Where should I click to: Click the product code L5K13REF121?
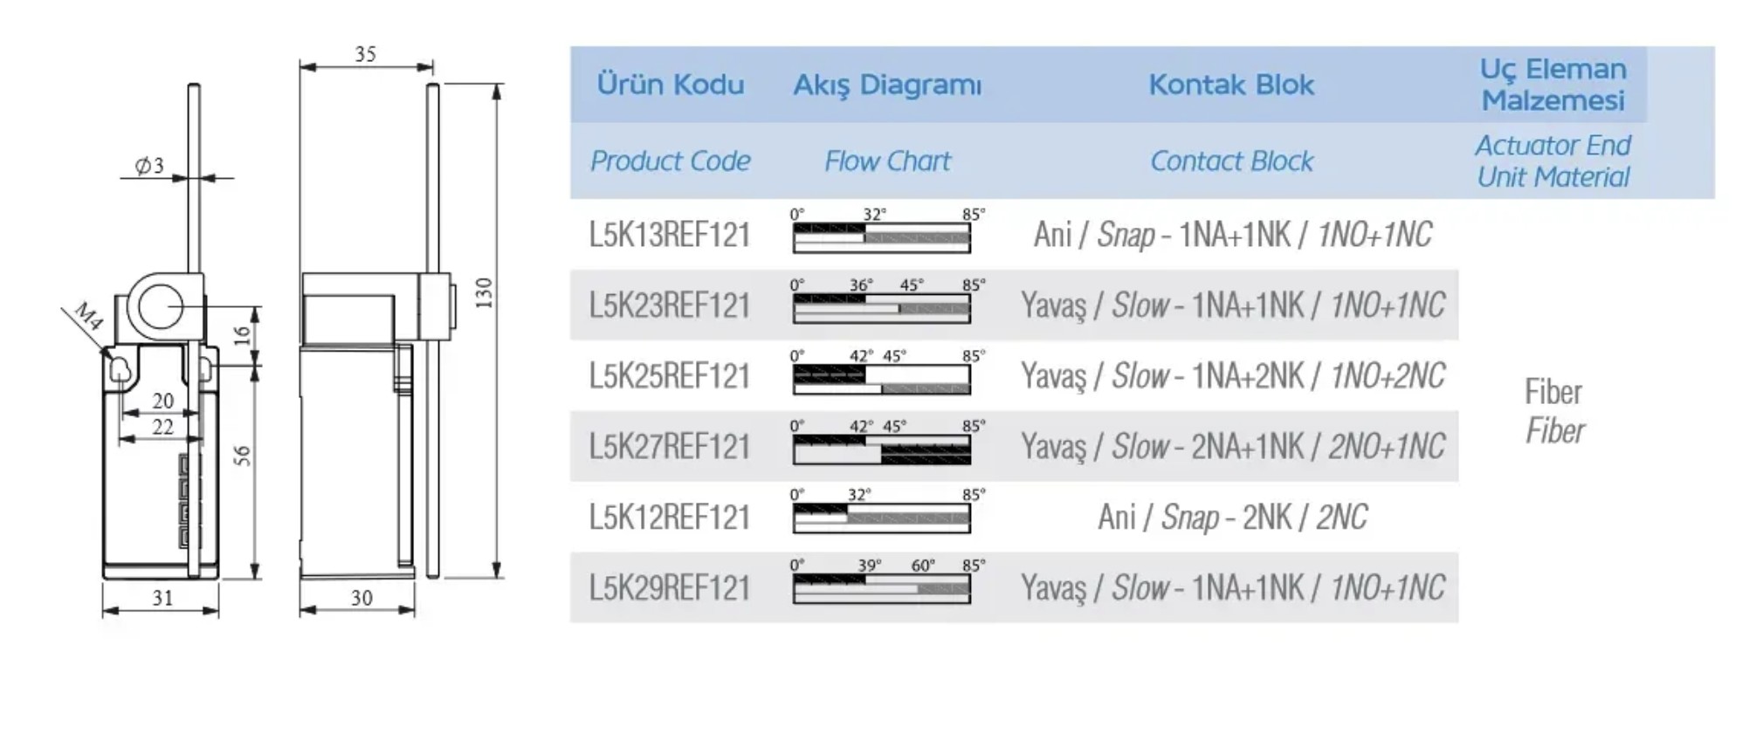pyautogui.click(x=670, y=235)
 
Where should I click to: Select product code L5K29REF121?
pyautogui.click(x=670, y=587)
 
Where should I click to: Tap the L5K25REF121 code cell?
pyautogui.click(x=670, y=376)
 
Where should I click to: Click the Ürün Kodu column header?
pyautogui.click(x=671, y=85)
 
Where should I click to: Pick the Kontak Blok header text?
pyautogui.click(x=1231, y=85)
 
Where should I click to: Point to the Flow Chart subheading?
pyautogui.click(x=887, y=161)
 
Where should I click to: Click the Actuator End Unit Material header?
pyautogui.click(x=1553, y=161)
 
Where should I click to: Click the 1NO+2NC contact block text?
pyautogui.click(x=1388, y=376)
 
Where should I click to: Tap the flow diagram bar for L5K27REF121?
pyautogui.click(x=882, y=449)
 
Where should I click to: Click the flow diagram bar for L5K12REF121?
pyautogui.click(x=882, y=518)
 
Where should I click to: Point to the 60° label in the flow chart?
pyautogui.click(x=923, y=565)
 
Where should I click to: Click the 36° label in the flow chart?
pyautogui.click(x=861, y=285)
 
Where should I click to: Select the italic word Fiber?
pyautogui.click(x=1554, y=431)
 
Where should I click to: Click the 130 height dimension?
pyautogui.click(x=485, y=292)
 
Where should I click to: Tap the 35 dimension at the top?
pyautogui.click(x=366, y=54)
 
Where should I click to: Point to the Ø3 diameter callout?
pyautogui.click(x=149, y=165)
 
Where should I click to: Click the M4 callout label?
pyautogui.click(x=88, y=315)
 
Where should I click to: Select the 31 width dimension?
pyautogui.click(x=162, y=598)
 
